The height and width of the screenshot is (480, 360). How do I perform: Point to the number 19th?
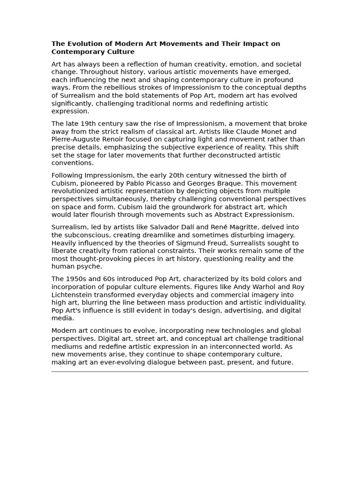[x=89, y=124]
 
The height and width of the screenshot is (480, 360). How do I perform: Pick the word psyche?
[x=90, y=266]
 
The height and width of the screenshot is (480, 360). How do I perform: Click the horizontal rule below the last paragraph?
[x=180, y=372]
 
